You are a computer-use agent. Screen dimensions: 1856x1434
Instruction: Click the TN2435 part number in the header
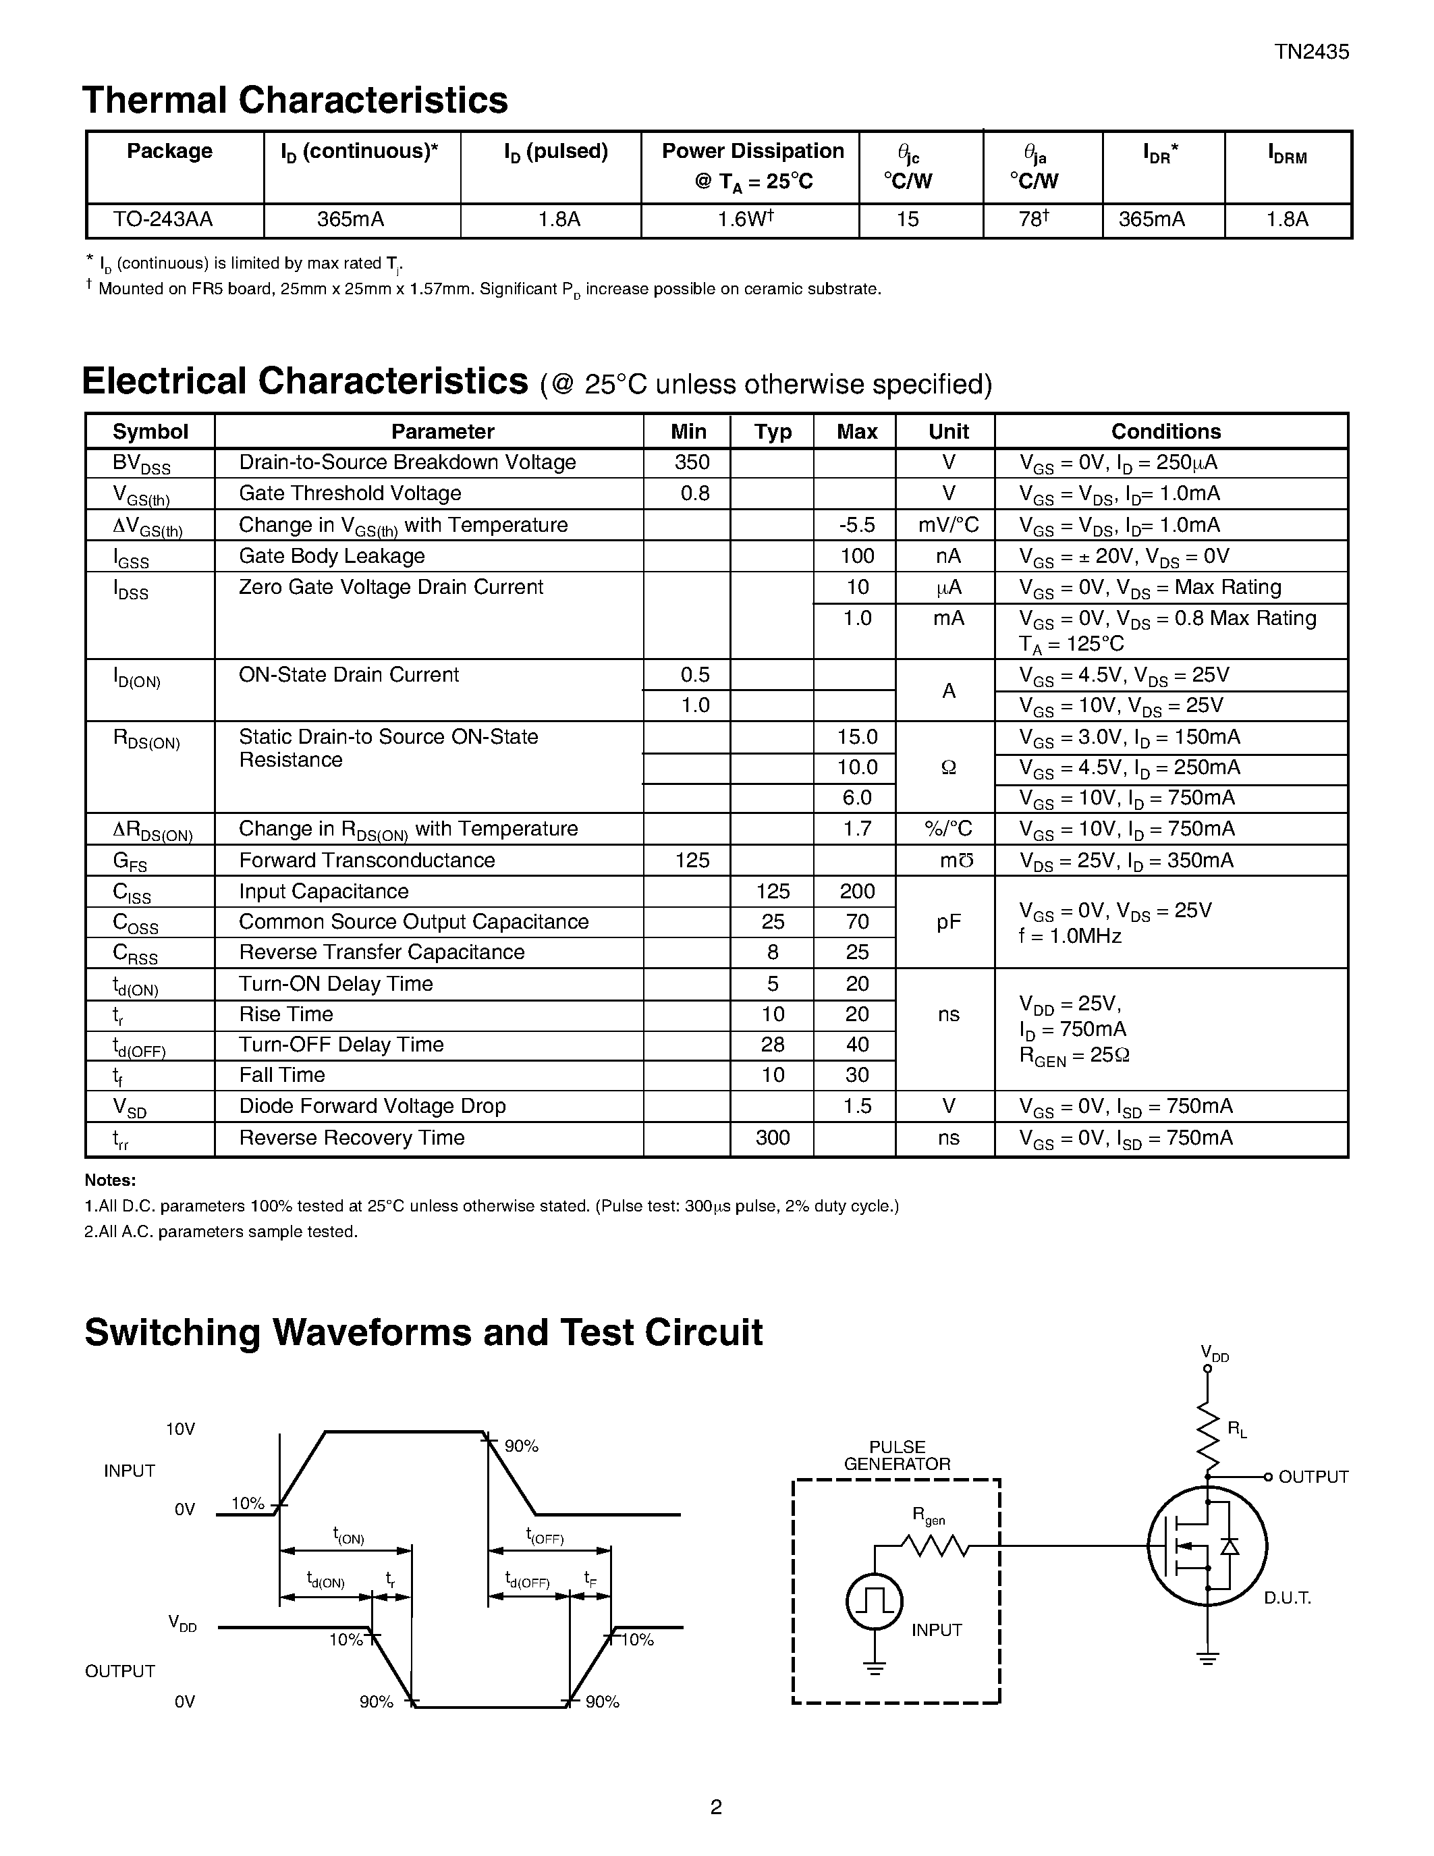point(1311,52)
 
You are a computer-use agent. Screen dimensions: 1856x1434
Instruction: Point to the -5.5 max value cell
point(856,525)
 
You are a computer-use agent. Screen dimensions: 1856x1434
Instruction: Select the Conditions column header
point(1165,432)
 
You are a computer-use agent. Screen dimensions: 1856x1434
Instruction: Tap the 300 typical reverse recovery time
point(772,1138)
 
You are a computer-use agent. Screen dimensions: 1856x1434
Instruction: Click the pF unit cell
point(948,922)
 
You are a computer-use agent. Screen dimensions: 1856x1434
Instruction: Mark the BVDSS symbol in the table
point(141,464)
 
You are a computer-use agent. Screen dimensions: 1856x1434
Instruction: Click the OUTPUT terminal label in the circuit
point(1313,1477)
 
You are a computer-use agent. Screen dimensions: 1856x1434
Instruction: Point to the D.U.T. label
point(1287,1598)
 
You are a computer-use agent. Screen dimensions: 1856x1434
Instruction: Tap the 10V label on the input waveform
point(180,1429)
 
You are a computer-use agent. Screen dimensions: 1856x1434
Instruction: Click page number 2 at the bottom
point(715,1807)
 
